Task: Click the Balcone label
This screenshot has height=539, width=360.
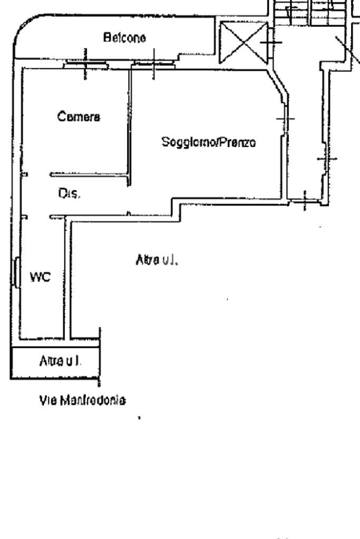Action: click(125, 38)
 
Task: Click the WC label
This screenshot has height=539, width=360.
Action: click(40, 278)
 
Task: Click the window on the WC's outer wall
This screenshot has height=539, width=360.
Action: click(17, 272)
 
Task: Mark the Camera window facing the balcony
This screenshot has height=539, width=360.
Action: click(85, 65)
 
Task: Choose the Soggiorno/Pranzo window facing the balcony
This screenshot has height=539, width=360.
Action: click(153, 64)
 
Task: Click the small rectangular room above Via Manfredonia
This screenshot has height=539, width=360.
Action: click(55, 362)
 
